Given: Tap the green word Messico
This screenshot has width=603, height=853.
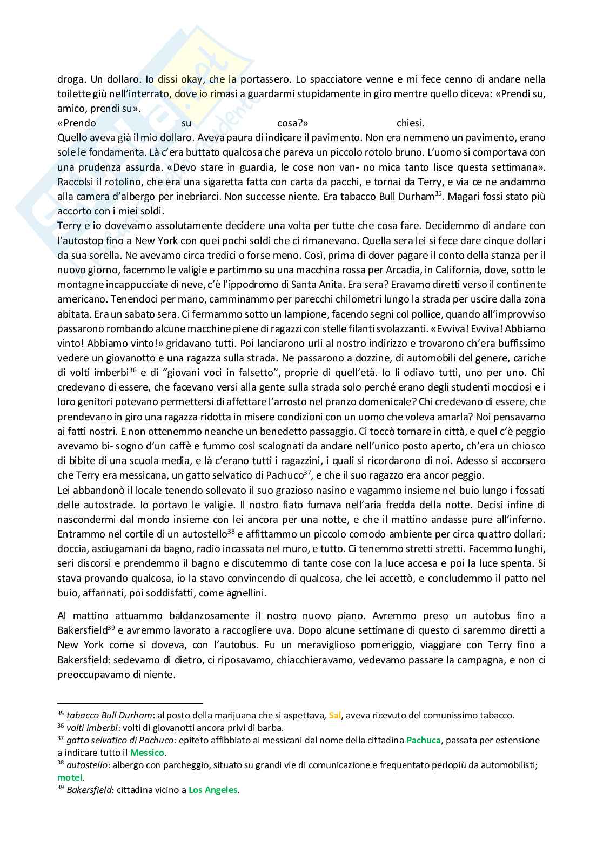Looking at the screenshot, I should coord(148,753).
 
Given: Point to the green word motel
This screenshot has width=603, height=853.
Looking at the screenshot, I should coord(70,777).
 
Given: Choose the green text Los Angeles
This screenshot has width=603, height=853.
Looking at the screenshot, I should coord(213,790).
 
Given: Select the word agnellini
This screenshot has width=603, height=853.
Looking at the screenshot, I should coord(239,593).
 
